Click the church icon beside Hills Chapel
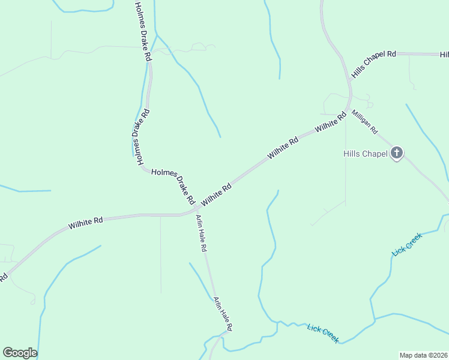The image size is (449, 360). click(x=396, y=154)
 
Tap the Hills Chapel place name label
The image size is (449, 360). click(x=365, y=154)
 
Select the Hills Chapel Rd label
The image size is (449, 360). click(x=374, y=62)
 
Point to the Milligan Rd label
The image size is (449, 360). click(x=364, y=122)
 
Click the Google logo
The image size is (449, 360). click(x=20, y=353)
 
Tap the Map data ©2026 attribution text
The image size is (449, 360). click(x=423, y=355)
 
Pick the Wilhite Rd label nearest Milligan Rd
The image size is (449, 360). click(x=331, y=122)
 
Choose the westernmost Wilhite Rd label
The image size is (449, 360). click(x=85, y=222)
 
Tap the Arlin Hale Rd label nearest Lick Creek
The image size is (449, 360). click(x=221, y=313)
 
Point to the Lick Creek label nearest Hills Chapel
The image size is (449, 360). click(x=407, y=244)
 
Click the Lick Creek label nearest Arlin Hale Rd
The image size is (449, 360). click(x=323, y=333)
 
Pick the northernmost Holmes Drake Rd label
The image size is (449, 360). click(x=142, y=31)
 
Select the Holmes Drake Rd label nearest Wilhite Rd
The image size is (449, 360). click(x=173, y=185)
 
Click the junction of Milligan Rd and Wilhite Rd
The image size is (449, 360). click(x=349, y=110)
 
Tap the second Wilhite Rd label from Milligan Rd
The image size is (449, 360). click(x=283, y=148)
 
